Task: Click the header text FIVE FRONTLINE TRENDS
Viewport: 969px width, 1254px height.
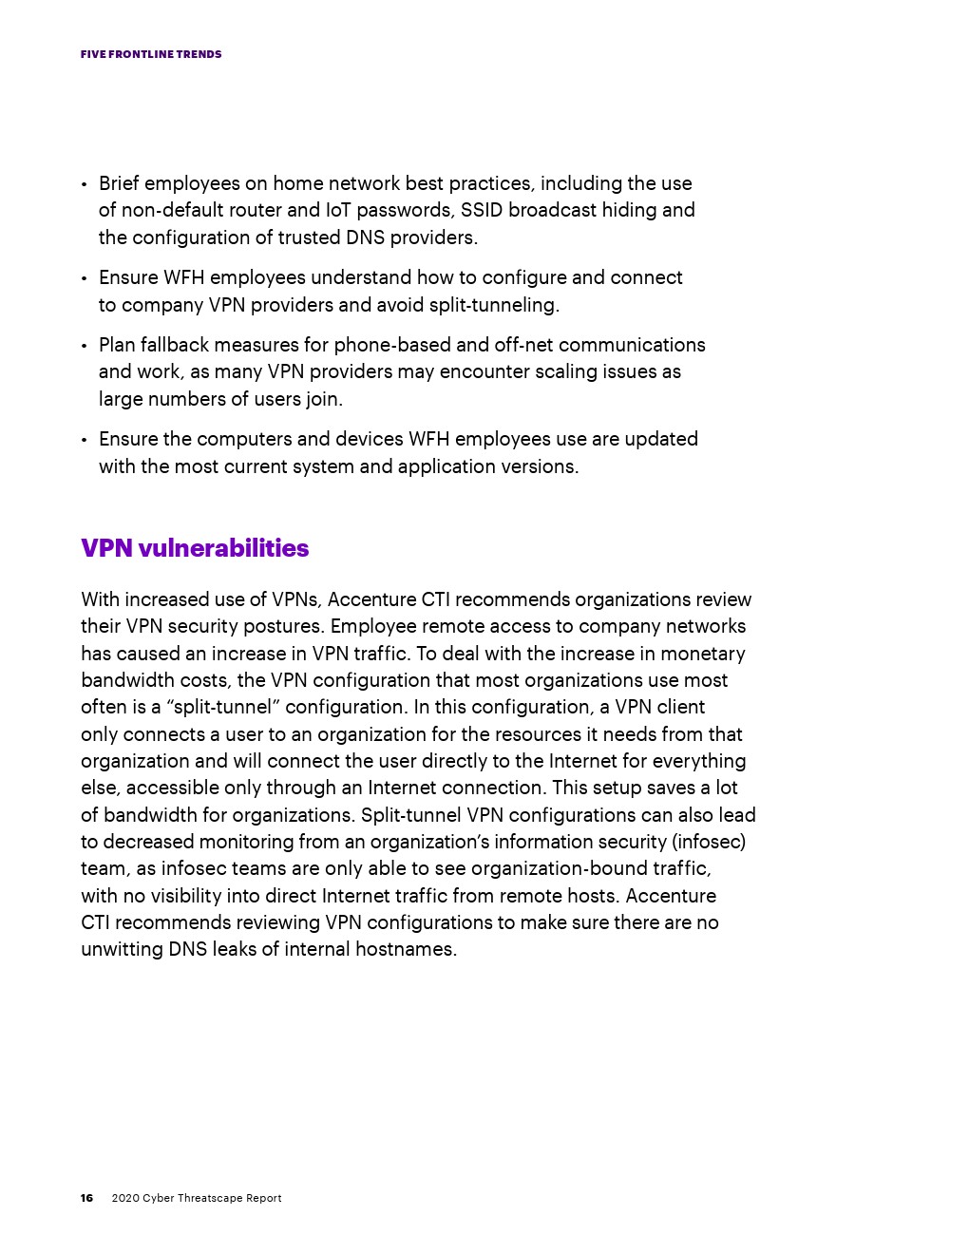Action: coord(151,54)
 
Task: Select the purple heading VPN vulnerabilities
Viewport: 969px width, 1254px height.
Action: coord(195,548)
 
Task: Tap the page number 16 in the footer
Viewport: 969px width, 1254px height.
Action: coord(86,1198)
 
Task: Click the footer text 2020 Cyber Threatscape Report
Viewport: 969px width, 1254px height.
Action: coord(197,1198)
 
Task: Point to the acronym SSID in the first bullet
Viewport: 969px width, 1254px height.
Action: coord(482,210)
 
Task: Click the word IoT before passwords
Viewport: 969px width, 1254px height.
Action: coord(338,210)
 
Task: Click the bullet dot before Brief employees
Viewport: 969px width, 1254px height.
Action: coord(85,184)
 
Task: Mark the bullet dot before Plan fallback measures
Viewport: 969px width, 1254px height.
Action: coord(85,346)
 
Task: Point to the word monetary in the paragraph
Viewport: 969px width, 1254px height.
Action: coord(703,654)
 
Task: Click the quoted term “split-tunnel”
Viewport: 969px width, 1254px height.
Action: coord(223,707)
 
